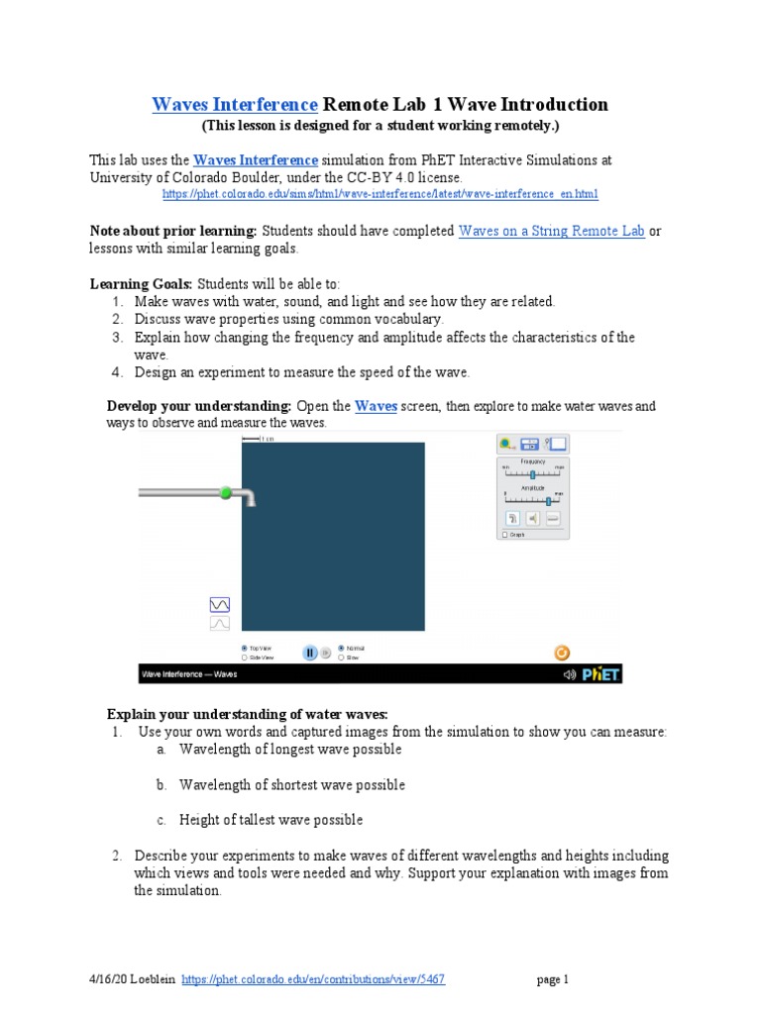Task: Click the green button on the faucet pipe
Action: point(226,492)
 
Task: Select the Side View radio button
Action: point(245,657)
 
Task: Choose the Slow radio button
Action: point(342,657)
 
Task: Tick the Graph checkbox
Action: point(504,535)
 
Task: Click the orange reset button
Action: point(561,652)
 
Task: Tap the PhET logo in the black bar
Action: point(600,675)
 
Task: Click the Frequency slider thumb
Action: point(532,474)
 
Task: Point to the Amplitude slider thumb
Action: point(548,501)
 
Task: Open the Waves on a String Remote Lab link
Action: point(551,231)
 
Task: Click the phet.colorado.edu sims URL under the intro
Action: point(380,194)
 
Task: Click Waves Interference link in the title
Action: point(235,105)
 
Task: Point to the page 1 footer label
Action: point(553,979)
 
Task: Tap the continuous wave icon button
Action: point(219,604)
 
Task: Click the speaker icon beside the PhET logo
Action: point(569,675)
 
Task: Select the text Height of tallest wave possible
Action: point(271,820)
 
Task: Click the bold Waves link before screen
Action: point(376,406)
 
